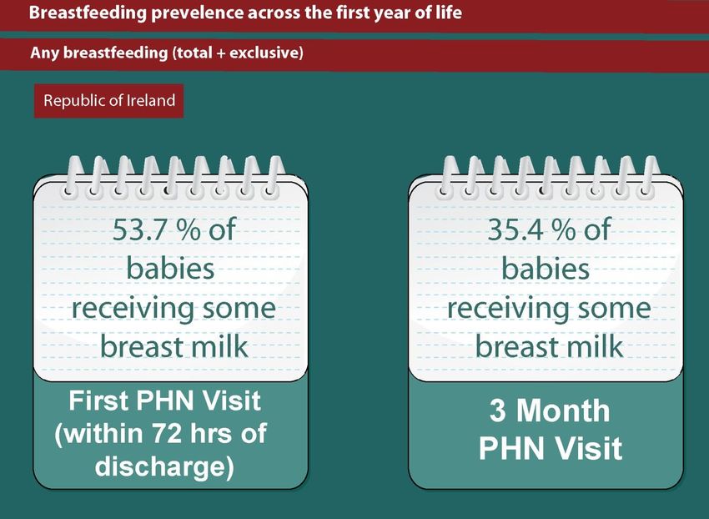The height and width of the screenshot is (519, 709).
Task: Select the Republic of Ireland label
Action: (109, 100)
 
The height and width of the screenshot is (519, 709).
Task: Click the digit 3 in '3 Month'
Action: (497, 411)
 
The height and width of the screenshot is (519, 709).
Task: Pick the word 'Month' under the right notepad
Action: (563, 411)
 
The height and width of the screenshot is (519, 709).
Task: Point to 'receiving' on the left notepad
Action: (133, 309)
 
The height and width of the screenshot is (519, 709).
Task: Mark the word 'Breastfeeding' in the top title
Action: (88, 13)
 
